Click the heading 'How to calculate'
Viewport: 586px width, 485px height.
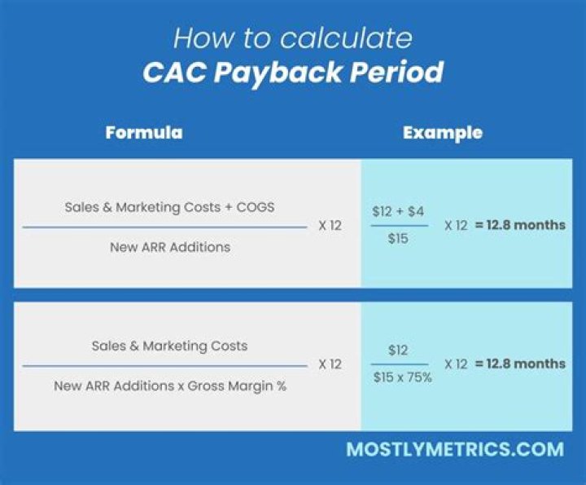tap(293, 37)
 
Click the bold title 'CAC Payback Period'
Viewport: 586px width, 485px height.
tap(293, 73)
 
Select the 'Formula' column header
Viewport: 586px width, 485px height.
tap(143, 133)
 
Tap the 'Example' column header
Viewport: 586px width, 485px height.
tap(443, 133)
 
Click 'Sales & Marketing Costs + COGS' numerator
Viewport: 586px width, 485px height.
tap(169, 207)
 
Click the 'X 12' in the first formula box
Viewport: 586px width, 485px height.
tap(330, 226)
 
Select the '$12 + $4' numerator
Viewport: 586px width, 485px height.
tap(397, 211)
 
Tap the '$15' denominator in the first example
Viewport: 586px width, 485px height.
tap(397, 240)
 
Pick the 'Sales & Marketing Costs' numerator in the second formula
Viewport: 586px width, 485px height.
tap(169, 346)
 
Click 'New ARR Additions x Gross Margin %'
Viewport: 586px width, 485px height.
tap(170, 386)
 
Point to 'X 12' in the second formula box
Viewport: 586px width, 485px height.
tap(330, 364)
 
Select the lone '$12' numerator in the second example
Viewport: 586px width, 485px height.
tap(398, 350)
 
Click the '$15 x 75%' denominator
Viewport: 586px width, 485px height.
tap(403, 379)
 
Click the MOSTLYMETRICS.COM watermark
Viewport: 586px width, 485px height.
tap(454, 449)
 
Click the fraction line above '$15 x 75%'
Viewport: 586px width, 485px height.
tap(400, 364)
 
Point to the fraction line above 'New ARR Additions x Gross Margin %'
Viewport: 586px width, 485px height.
tap(165, 366)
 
